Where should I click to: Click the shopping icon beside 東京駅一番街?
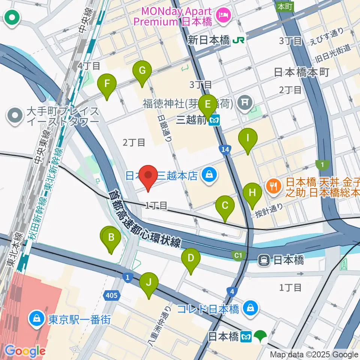(37, 319)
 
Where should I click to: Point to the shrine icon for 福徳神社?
(246, 102)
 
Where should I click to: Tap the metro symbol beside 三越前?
(215, 120)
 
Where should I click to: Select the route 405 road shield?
(112, 296)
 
